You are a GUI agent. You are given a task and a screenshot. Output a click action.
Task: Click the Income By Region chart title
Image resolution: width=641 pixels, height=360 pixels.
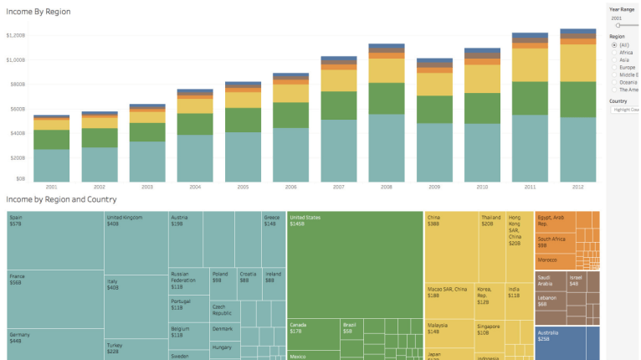tap(38, 12)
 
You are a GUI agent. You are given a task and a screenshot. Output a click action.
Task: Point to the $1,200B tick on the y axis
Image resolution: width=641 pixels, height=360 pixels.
tap(16, 35)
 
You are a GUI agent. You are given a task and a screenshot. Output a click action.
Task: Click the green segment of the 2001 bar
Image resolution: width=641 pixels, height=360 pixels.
tap(52, 140)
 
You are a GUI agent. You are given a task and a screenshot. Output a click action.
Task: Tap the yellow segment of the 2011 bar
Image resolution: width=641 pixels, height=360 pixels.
tap(530, 64)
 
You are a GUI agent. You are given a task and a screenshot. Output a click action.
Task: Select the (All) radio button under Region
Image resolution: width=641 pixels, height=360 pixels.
tap(613, 44)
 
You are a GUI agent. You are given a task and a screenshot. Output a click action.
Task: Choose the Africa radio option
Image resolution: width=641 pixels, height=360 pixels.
tap(613, 52)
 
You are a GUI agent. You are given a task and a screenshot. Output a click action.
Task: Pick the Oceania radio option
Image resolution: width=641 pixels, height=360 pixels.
tap(613, 82)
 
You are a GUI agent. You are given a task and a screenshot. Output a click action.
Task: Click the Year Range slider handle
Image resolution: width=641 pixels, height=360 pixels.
tap(618, 26)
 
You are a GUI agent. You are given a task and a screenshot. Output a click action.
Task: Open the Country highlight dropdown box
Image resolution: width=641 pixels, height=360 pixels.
tap(625, 110)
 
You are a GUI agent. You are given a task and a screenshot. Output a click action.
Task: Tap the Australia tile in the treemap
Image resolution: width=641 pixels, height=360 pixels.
tap(567, 343)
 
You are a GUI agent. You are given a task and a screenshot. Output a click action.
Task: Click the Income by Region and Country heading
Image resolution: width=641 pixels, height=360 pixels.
tap(61, 199)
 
